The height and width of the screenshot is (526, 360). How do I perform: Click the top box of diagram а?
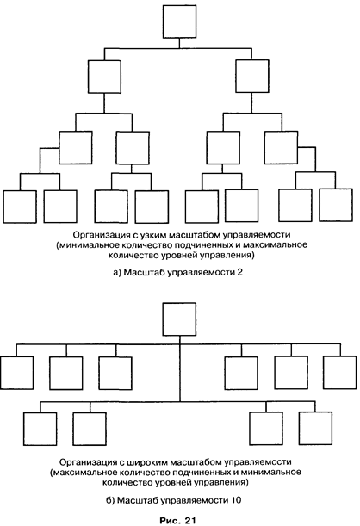click(179, 22)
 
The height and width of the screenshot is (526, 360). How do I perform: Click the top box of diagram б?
click(179, 319)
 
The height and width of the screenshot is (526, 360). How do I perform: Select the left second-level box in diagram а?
click(104, 77)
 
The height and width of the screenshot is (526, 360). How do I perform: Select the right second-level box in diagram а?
click(252, 76)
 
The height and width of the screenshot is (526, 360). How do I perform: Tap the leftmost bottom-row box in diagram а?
click(20, 207)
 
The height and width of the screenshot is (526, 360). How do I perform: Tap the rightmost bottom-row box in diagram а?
click(336, 205)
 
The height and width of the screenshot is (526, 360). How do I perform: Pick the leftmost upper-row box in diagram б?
click(16, 373)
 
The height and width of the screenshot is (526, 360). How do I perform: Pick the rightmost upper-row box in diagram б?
click(340, 373)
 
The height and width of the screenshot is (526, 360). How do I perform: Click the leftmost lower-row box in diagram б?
click(40, 429)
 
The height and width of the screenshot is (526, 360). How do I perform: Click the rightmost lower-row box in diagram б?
click(316, 428)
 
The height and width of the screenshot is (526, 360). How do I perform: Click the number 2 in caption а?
click(239, 272)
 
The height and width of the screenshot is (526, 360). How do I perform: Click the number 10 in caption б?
click(236, 500)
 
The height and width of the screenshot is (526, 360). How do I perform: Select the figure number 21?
click(189, 521)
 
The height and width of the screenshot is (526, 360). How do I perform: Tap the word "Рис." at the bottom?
click(171, 521)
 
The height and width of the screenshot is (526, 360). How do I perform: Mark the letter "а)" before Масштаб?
click(117, 272)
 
